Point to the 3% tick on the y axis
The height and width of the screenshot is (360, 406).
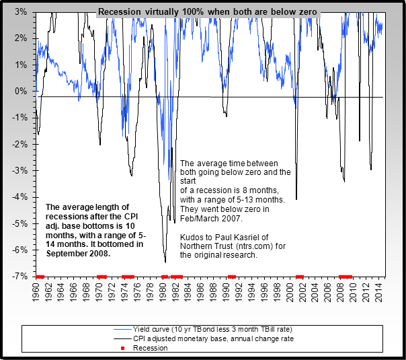pos(20,12)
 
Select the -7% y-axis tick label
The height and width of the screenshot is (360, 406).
pos(19,276)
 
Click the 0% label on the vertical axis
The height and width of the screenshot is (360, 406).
pos(20,91)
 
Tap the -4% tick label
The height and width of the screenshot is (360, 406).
pos(19,196)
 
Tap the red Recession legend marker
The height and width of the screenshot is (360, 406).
pos(126,349)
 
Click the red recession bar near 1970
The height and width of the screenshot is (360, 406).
pos(101,276)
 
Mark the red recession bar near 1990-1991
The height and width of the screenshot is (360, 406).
pos(232,276)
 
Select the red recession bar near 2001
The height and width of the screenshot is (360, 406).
pos(299,276)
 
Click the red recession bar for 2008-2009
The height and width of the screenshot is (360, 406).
pos(346,276)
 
